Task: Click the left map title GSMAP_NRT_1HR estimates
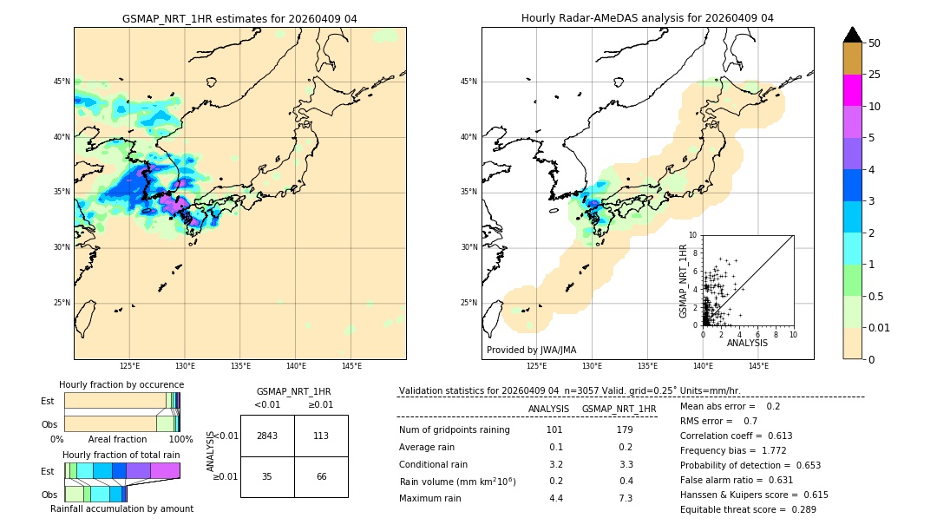coord(239,18)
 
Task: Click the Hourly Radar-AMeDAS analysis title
coord(647,18)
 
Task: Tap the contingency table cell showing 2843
coord(267,436)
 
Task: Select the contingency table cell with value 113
coord(321,436)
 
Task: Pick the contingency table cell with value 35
coord(267,476)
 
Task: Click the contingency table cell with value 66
coord(321,476)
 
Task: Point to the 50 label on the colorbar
coord(875,43)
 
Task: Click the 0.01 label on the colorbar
coord(880,327)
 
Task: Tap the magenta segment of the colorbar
coord(852,90)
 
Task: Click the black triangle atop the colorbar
coord(852,35)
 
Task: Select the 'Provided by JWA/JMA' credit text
coord(531,350)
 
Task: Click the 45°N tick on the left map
coord(62,82)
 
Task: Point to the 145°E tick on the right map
coord(757,366)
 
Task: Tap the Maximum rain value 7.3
coord(625,498)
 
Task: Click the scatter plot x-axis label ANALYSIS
coord(747,343)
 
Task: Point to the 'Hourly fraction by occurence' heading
coord(121,384)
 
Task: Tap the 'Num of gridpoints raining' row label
coord(454,429)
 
